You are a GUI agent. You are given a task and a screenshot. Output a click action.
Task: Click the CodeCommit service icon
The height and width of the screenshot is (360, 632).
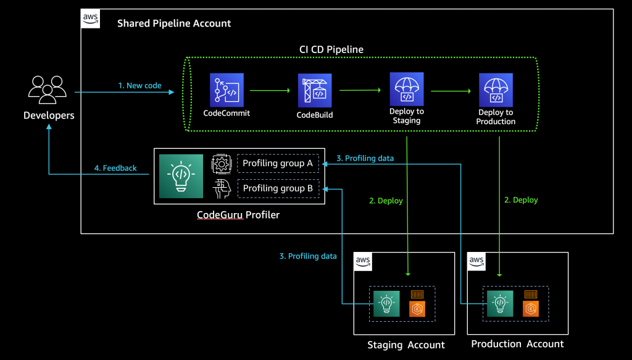point(227,90)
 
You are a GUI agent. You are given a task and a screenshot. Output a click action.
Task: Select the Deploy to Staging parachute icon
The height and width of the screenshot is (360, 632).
point(406,90)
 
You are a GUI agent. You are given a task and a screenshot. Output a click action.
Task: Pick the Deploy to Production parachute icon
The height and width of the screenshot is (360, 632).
point(496,90)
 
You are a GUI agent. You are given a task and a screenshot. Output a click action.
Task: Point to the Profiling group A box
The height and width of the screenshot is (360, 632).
point(278,163)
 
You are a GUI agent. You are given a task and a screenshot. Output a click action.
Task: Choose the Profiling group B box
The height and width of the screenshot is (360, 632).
point(278,188)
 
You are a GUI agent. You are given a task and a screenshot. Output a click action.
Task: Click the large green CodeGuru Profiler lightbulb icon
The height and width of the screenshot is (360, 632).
point(181,176)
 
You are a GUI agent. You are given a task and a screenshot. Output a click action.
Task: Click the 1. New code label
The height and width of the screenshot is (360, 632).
point(139,86)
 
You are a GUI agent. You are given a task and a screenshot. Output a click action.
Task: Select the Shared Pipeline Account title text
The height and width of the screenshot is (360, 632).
point(174,23)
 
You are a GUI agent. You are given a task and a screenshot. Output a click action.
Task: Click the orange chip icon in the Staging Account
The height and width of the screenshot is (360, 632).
point(418,303)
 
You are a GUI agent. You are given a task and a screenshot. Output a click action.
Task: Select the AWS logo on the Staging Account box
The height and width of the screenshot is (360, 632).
point(364,262)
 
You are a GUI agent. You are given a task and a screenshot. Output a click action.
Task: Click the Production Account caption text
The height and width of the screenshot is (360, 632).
point(517,344)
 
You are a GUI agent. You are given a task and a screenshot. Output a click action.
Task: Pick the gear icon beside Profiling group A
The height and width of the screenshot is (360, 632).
point(220,164)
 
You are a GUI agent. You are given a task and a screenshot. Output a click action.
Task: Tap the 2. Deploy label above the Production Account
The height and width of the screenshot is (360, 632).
point(521,200)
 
